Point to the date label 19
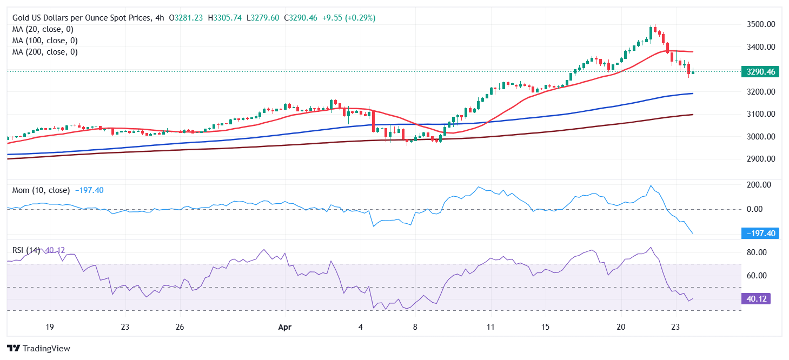point(49,327)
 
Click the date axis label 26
point(180,327)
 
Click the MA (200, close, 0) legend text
point(45,52)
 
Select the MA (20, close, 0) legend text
point(43,29)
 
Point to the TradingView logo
point(38,349)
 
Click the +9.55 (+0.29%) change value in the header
point(348,18)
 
